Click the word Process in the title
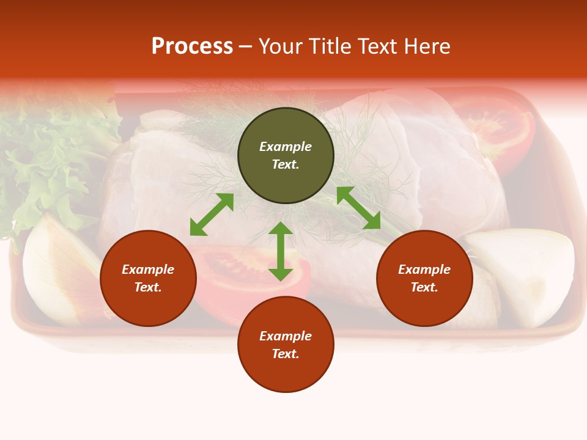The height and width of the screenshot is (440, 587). tap(192, 46)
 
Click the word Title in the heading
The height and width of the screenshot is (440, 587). tap(331, 46)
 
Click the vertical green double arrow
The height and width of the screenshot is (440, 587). tap(281, 252)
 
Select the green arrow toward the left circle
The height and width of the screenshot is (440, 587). tap(212, 215)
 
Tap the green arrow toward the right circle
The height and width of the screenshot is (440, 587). tap(359, 208)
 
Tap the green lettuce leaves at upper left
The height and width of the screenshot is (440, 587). tap(43, 159)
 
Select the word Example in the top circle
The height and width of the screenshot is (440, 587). tap(286, 147)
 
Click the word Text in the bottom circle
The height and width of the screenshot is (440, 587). tap(286, 354)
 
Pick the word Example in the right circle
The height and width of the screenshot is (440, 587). tap(424, 269)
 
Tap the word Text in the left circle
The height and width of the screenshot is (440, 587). tap(148, 287)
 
